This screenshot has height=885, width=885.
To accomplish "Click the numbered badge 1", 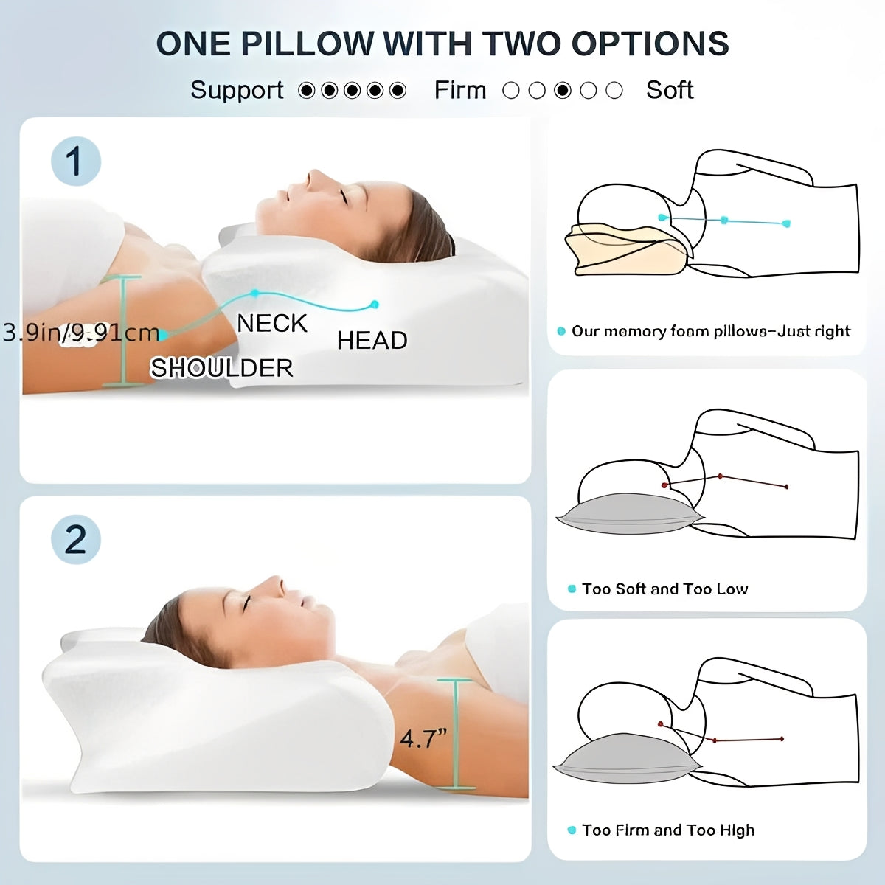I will tap(75, 162).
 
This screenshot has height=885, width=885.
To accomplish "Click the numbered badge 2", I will tap(75, 539).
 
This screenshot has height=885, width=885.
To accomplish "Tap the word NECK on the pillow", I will tap(271, 323).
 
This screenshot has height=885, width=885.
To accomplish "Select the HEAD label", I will tap(372, 340).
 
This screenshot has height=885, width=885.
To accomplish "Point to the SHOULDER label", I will tap(221, 367).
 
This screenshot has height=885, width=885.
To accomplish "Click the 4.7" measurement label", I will tap(423, 737).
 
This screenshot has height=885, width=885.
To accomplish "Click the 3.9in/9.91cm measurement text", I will tap(81, 333).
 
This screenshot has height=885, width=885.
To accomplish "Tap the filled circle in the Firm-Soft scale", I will tap(563, 91).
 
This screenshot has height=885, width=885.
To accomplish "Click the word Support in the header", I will tap(237, 90).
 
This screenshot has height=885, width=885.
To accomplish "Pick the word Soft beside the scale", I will tap(670, 90).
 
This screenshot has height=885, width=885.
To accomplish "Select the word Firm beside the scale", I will tap(460, 90).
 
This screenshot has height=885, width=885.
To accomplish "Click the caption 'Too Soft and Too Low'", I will tap(664, 589).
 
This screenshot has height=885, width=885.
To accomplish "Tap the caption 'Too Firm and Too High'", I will tap(668, 830).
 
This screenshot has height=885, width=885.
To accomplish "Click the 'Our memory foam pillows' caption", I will tap(710, 331).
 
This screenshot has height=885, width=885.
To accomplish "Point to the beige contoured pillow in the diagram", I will tap(623, 251).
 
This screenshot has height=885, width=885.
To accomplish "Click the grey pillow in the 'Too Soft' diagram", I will tap(627, 513).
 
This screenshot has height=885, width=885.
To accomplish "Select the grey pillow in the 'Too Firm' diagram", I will tap(623, 760).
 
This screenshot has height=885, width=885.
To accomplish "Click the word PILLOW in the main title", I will tap(308, 44).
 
